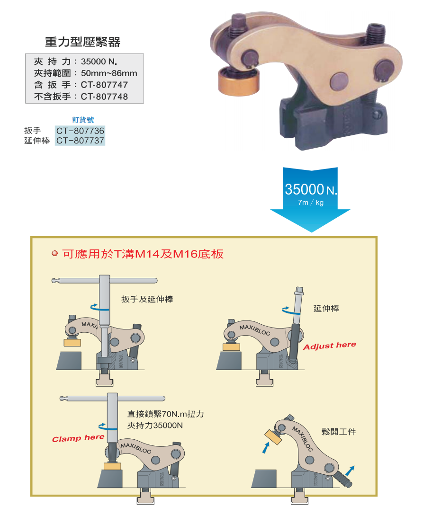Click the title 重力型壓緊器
coord(82,42)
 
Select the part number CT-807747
coord(104,85)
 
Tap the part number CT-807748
coord(104,97)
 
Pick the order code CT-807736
coord(80,130)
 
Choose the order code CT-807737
coord(80,141)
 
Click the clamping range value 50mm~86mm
coord(109,73)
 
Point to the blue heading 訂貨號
coord(83,120)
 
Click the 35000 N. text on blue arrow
coord(311,189)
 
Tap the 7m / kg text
coord(311,203)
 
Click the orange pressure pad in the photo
coord(238,81)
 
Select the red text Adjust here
coord(330,346)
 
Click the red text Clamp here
coord(78,438)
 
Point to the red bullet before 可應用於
coord(55,253)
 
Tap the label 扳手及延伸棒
coord(147,299)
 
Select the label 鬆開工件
coord(339,432)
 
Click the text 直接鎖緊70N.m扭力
coord(165,414)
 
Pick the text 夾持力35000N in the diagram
coord(155,426)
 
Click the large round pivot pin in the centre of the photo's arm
coord(339,81)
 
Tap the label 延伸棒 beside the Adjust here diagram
coord(326,309)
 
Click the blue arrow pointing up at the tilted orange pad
coord(266,448)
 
